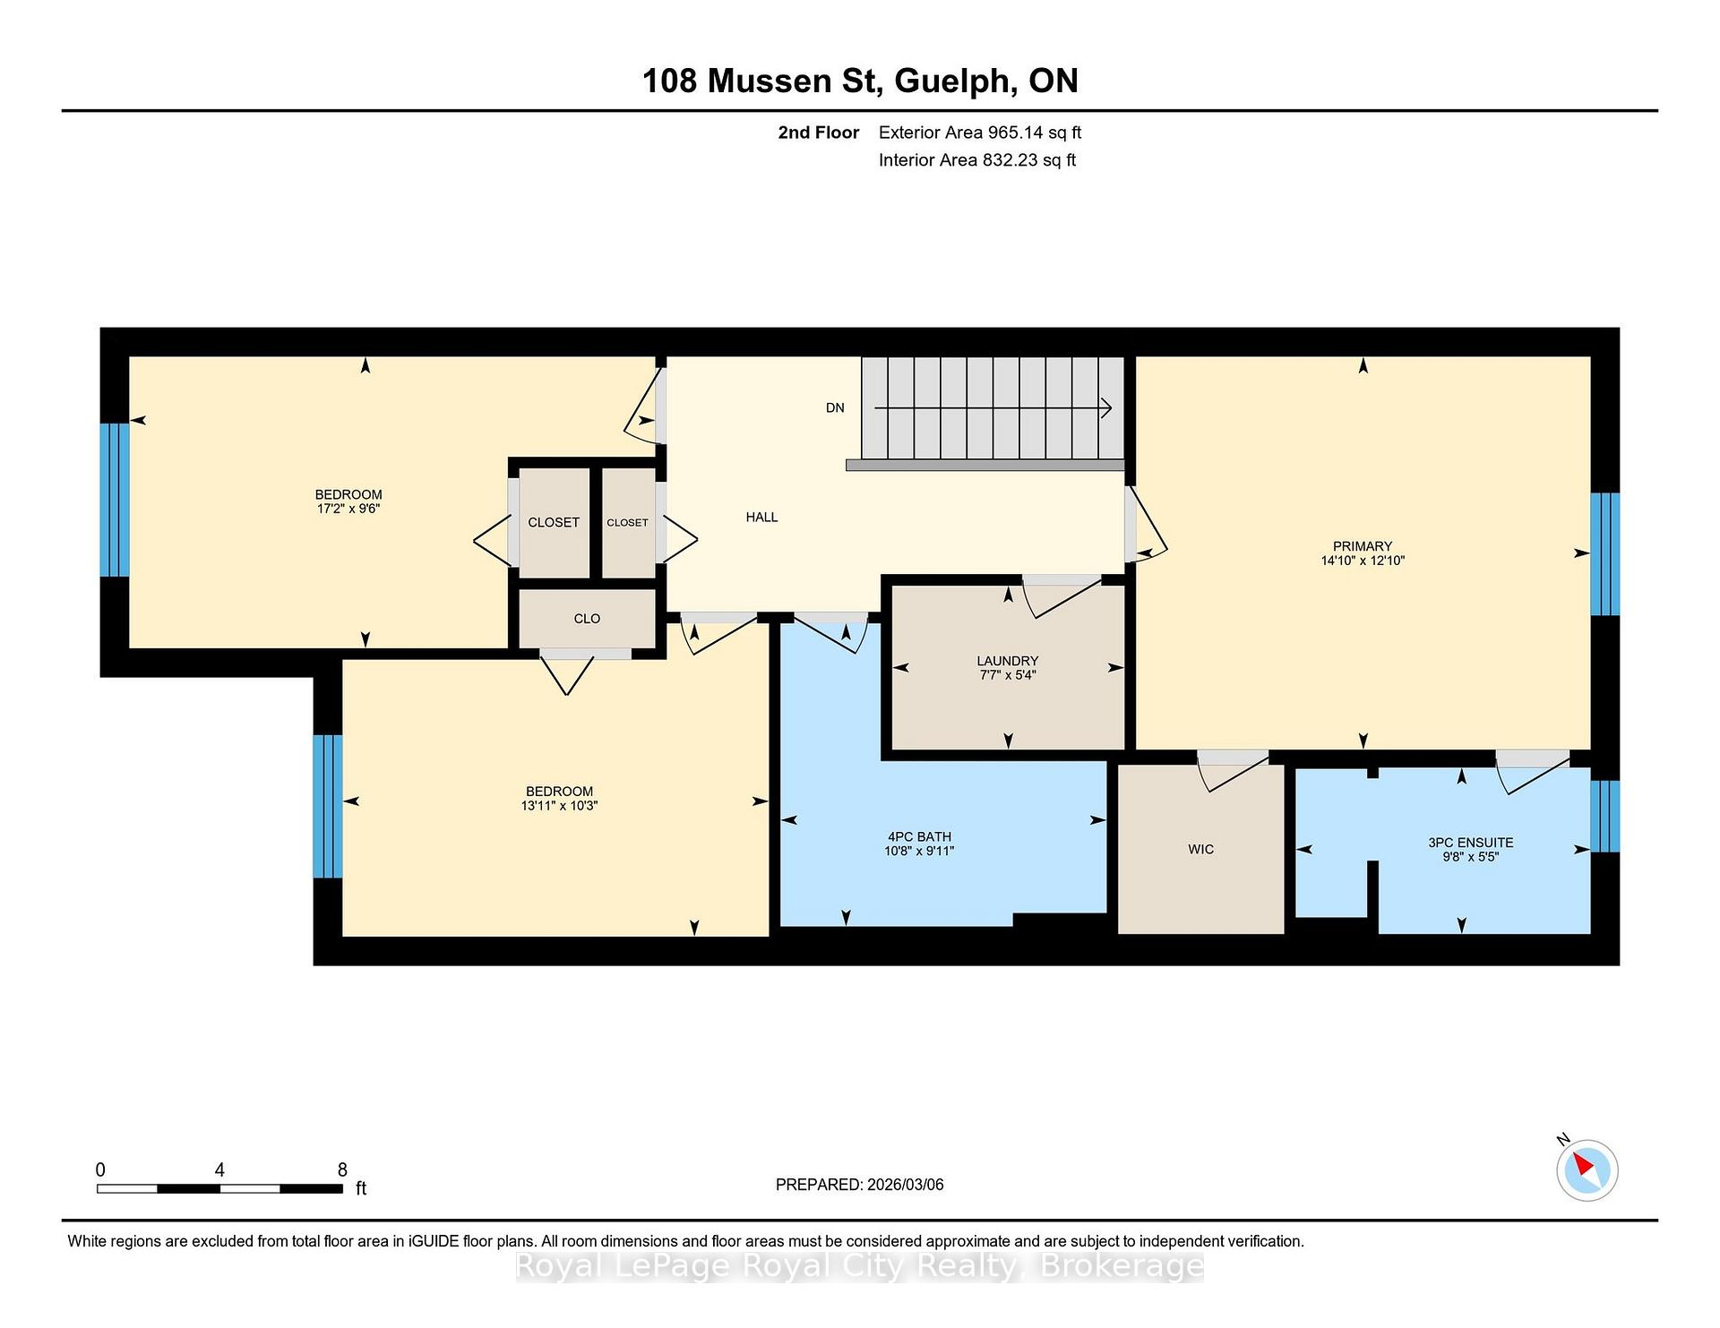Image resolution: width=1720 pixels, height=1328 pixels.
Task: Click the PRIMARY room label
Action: tap(1363, 546)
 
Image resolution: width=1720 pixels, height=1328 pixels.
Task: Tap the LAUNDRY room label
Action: tap(1008, 661)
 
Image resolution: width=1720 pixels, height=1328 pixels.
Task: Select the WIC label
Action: tap(1201, 849)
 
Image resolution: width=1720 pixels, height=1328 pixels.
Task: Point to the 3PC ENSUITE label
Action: tap(1471, 843)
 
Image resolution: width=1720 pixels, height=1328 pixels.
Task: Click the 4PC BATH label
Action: tap(919, 837)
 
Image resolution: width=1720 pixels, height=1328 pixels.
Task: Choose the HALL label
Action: tap(762, 517)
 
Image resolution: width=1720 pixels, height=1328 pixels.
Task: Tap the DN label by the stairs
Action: tap(835, 407)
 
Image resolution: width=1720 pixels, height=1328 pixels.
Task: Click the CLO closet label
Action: tap(587, 619)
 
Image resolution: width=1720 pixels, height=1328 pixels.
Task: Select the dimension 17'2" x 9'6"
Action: tap(348, 509)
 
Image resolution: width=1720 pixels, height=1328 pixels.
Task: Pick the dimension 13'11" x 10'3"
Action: tap(560, 806)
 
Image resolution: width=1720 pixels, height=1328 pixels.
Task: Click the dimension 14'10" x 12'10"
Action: tap(1363, 561)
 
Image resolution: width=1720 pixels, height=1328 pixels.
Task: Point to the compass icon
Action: tap(1587, 1169)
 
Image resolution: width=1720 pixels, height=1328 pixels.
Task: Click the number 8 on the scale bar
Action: tap(342, 1169)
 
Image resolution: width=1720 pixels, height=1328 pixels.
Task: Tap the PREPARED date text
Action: tap(860, 1185)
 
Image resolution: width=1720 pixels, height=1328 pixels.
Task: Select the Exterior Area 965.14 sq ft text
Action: tap(980, 133)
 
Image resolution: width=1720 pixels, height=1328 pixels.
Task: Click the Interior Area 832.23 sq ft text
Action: tap(977, 160)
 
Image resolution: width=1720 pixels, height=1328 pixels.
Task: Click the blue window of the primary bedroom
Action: tap(1604, 554)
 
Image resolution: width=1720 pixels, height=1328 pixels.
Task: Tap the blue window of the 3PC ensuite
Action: tap(1604, 816)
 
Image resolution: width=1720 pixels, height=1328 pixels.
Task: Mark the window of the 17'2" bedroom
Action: tap(115, 500)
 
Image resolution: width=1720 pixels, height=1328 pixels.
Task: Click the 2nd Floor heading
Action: tap(819, 133)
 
